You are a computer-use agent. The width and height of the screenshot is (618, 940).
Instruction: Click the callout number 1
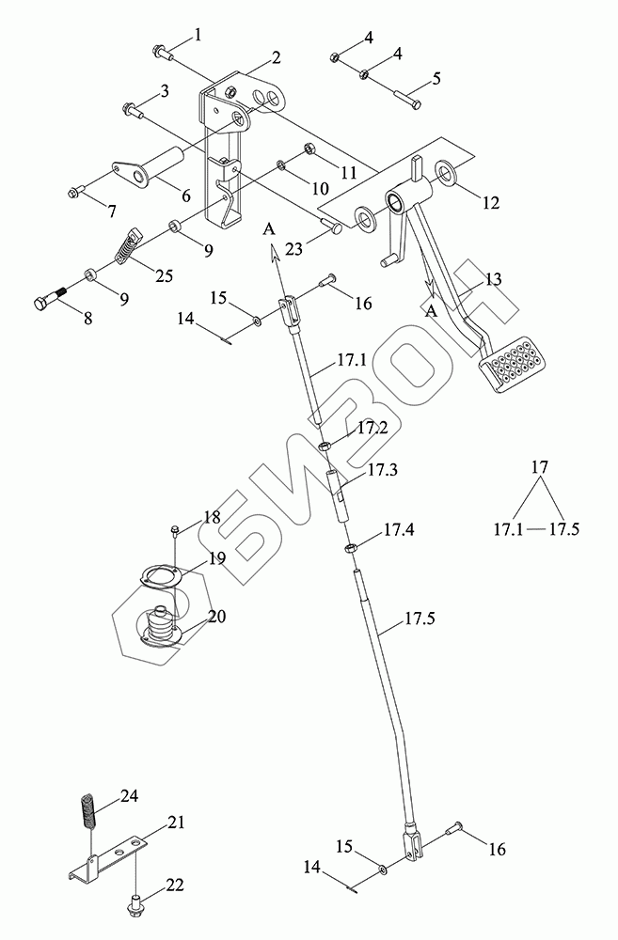coord(198,35)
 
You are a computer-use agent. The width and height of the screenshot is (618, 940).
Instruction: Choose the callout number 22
coord(175,885)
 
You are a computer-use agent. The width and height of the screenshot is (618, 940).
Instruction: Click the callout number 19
coord(217,558)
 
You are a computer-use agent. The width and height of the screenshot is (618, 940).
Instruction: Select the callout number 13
coord(494,279)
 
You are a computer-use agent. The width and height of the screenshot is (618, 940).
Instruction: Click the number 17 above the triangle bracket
coord(538,466)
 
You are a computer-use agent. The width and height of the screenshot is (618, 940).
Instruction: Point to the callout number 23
coord(295,250)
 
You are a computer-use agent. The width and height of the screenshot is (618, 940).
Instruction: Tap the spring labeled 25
coord(121,249)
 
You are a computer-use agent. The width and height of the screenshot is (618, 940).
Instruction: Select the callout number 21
coord(176,822)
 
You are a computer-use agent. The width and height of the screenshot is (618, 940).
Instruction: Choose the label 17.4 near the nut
coord(398,532)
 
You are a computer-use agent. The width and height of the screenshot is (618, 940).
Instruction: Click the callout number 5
coord(436,80)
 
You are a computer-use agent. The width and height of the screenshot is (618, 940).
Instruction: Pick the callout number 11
coord(323,173)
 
